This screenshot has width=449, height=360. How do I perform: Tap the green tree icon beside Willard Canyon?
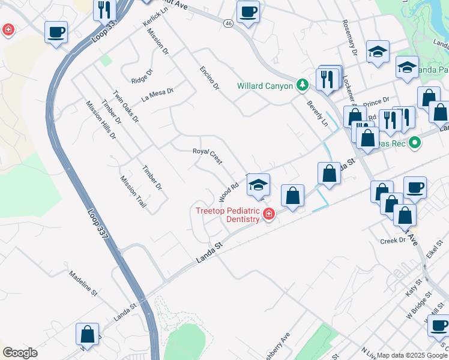304,85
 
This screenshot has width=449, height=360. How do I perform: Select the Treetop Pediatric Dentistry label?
227,214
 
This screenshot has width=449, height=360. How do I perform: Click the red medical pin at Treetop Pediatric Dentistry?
269,214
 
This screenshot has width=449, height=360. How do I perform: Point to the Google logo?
19,353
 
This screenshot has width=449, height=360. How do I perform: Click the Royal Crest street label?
207,155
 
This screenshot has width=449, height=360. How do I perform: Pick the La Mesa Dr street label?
157,94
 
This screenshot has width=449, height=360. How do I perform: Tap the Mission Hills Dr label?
101,120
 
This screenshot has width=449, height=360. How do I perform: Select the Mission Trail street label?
133,191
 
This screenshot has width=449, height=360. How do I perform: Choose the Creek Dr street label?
393,241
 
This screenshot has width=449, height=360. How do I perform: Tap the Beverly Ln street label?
318,113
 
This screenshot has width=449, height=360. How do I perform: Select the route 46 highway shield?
228,23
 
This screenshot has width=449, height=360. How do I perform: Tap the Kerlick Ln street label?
155,23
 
